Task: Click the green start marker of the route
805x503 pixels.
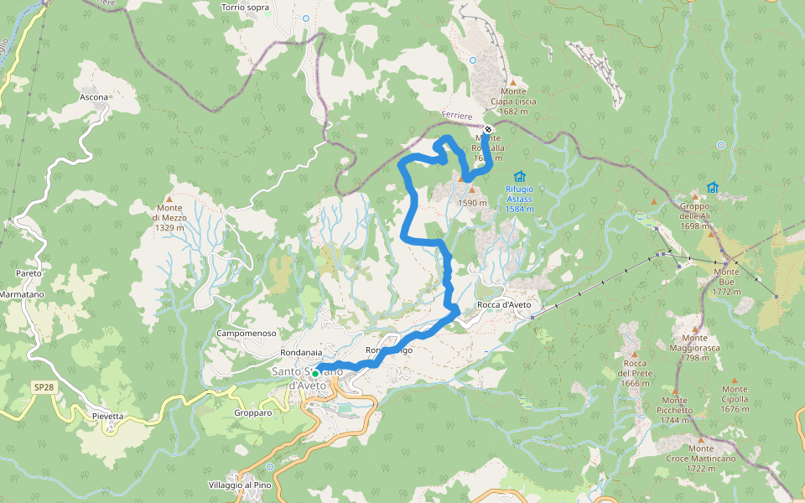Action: tap(315, 374)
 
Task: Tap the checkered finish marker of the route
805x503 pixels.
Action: tap(488, 129)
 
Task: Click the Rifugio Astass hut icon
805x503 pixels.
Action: tap(520, 177)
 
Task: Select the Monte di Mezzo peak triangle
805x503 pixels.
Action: tap(169, 199)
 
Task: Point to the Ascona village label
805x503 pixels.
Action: tap(94, 97)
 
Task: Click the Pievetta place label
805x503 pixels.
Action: tap(108, 416)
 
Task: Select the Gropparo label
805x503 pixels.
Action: tap(253, 412)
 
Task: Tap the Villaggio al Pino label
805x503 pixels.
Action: tap(240, 485)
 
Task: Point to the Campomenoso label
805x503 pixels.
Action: tap(247, 333)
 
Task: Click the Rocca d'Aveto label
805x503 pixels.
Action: tap(505, 304)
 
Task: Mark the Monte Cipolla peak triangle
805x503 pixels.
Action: tap(735, 378)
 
